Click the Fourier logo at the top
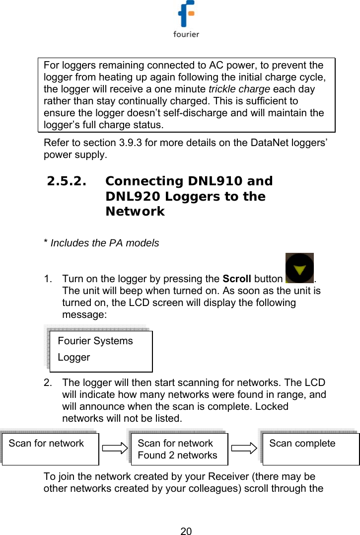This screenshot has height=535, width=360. [186, 19]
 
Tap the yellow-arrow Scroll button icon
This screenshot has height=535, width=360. [299, 268]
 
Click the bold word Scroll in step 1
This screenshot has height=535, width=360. [236, 279]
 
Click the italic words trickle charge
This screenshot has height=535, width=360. [239, 89]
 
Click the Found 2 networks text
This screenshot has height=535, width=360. [177, 455]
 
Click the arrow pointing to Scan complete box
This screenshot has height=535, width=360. [244, 449]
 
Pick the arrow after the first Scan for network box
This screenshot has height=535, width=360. [115, 449]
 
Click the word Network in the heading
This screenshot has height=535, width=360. [135, 212]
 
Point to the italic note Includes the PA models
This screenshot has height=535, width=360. [104, 243]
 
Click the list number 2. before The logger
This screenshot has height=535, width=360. [48, 382]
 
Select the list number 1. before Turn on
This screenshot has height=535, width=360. [48, 279]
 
